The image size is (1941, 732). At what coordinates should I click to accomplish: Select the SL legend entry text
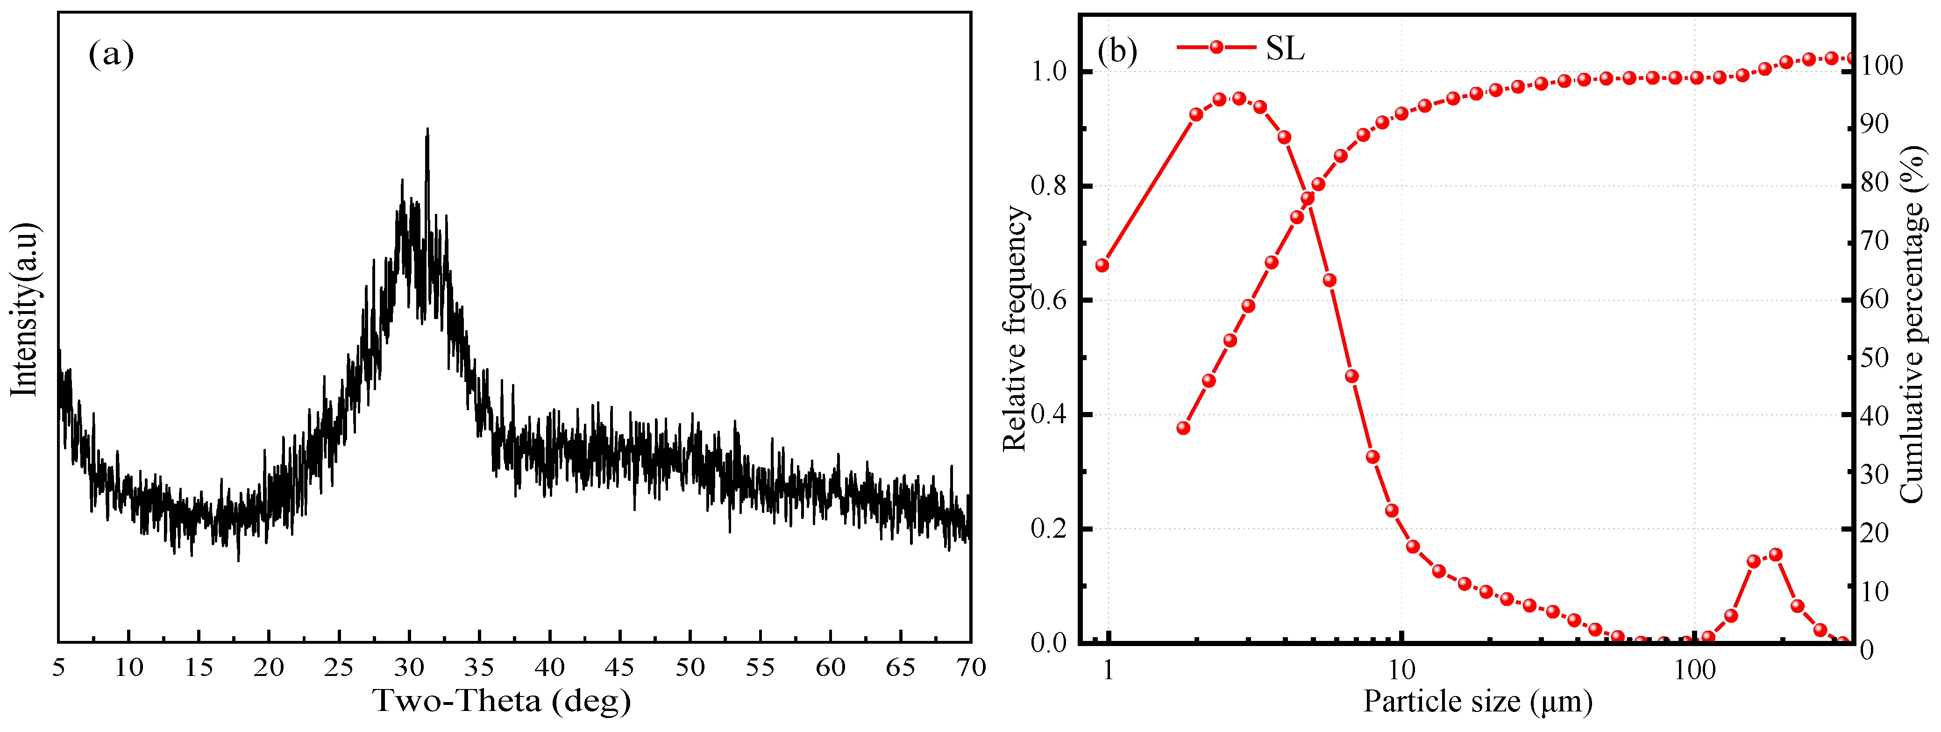coord(1285,49)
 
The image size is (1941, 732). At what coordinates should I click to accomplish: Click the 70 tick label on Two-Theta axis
coord(971,667)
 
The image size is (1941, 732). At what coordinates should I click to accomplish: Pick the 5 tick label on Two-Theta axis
coord(59,667)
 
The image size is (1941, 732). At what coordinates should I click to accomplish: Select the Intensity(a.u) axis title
coord(24,309)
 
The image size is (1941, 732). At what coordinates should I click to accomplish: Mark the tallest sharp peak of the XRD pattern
coord(428,129)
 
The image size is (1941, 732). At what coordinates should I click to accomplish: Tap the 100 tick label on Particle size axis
coord(1695,669)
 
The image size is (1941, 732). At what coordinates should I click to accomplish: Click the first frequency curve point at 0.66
coord(1102,265)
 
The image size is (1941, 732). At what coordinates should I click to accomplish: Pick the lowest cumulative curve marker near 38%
coord(1183,428)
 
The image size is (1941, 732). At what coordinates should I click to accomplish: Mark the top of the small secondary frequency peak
coord(1775,554)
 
